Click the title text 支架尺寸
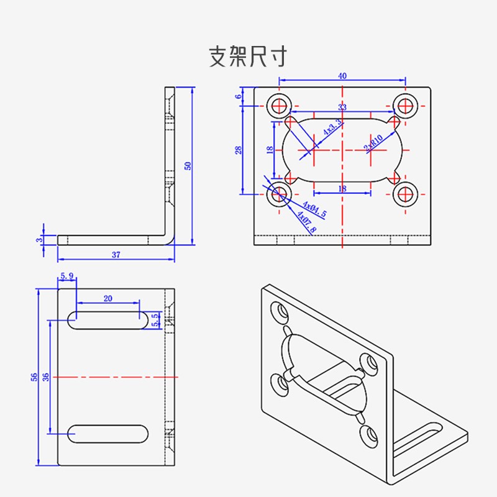(248, 57)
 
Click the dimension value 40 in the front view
(342, 76)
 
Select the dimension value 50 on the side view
(188, 165)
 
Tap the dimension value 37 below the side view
(116, 255)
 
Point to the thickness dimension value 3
(39, 239)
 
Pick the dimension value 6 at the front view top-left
(238, 96)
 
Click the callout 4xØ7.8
(306, 222)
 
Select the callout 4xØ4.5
(314, 209)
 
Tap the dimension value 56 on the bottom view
(34, 376)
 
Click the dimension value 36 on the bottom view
(45, 376)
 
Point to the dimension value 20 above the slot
(107, 298)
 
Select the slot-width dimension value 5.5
(155, 319)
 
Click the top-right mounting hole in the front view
(406, 105)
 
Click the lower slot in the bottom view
(107, 433)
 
